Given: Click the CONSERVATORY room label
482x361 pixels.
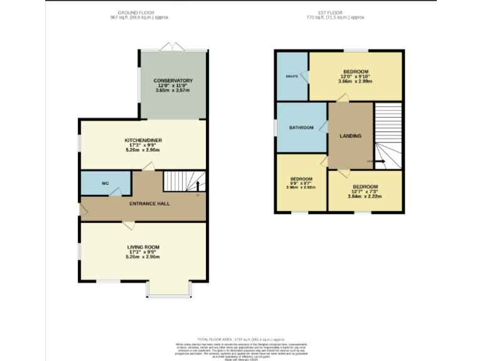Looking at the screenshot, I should pos(173,81).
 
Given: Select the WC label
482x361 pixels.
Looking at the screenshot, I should pos(105,184).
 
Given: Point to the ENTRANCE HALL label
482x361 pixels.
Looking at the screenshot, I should pos(149,204).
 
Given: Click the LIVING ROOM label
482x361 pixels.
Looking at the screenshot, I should pos(143,247).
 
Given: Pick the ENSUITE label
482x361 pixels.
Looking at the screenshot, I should pos(292,76).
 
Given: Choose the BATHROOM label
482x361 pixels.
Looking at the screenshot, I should pos(301,128).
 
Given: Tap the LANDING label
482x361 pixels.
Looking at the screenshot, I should pos(350,135).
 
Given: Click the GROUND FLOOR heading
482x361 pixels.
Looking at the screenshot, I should pos(137,13).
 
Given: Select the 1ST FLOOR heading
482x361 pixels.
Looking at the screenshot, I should pos(335,13).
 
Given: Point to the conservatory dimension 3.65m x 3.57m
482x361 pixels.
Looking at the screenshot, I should pos(173,91).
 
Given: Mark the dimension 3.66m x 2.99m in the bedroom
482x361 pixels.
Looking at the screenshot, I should pos(355,81).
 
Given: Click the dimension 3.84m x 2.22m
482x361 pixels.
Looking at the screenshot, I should pos(365,196).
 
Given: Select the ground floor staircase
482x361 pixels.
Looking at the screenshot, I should pos(185,181).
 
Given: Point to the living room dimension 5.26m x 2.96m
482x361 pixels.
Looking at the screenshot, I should pos(143,257).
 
